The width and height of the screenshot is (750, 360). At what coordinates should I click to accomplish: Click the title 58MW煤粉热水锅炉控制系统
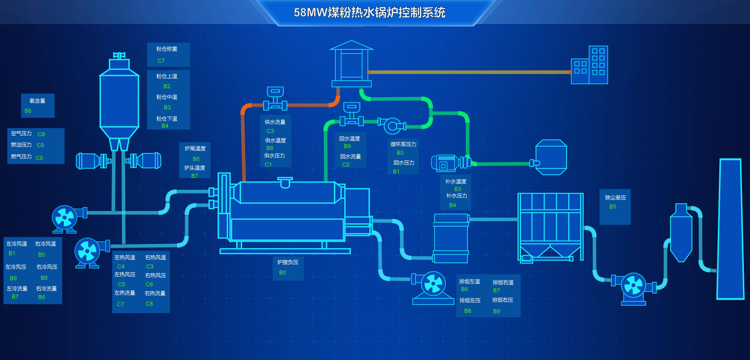369,12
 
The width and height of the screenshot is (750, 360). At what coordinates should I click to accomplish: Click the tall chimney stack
730,229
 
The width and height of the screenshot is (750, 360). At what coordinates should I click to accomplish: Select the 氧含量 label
37,100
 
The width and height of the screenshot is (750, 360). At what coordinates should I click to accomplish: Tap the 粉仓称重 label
167,49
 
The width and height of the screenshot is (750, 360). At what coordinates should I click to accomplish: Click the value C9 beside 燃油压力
40,145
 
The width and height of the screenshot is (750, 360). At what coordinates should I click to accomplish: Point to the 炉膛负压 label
288,262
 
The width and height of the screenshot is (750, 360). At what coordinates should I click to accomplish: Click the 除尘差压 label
615,197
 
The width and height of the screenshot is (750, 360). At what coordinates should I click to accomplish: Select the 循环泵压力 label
403,144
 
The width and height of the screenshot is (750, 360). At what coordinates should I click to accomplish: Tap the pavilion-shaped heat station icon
351,64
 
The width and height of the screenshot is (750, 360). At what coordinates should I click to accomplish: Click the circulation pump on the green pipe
392,126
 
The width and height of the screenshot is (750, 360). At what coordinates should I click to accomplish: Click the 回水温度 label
349,138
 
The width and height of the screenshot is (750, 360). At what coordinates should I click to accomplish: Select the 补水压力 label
456,195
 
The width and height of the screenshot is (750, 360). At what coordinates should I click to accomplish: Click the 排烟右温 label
503,282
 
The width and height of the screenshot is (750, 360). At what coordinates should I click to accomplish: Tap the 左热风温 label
125,257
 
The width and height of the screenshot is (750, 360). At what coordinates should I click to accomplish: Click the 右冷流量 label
46,288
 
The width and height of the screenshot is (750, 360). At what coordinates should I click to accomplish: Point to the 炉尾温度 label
195,148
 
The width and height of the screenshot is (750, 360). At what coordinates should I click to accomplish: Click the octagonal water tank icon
551,157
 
